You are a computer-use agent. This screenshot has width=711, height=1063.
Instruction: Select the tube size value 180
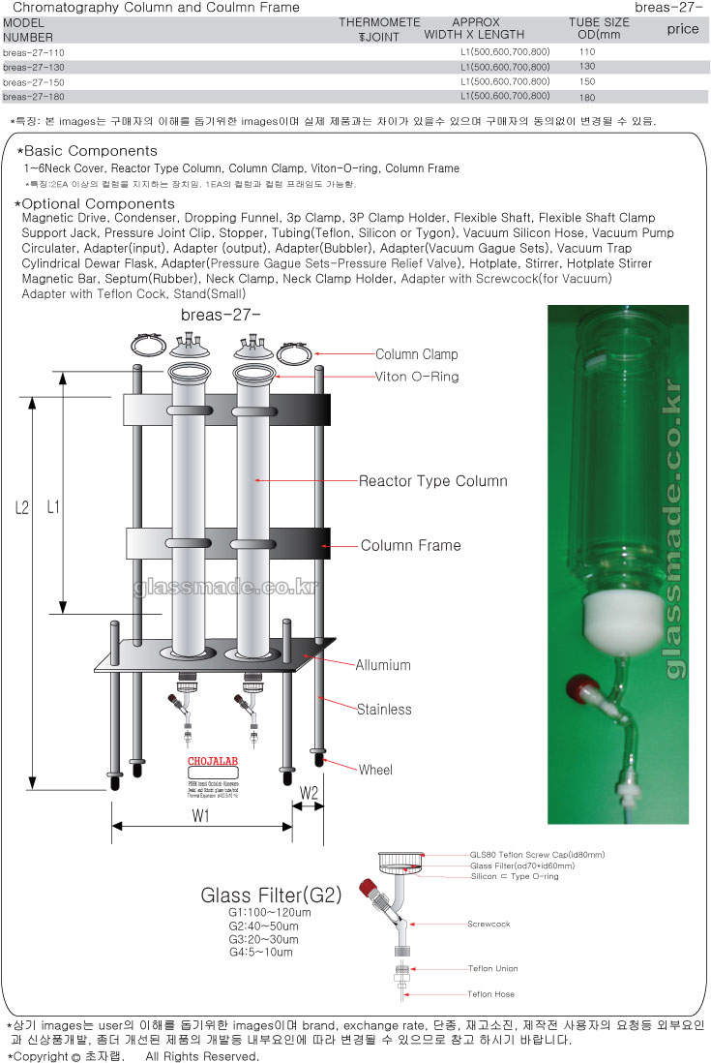(x=587, y=98)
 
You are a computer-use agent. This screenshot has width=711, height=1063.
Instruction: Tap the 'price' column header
(x=682, y=29)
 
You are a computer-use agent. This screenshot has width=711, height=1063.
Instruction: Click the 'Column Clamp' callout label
(x=416, y=355)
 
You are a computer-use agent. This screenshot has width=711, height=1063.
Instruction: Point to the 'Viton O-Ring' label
(x=416, y=377)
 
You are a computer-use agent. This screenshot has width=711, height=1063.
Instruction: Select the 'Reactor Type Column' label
(x=432, y=481)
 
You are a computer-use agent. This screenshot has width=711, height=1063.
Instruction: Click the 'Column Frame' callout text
(x=410, y=546)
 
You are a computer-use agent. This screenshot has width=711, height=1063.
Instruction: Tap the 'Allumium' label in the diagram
(x=382, y=666)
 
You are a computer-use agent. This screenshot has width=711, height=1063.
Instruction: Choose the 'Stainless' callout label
(x=383, y=710)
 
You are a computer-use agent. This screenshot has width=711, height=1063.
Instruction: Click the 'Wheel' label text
(x=375, y=771)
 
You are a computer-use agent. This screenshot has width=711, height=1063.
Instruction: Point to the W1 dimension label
(x=200, y=815)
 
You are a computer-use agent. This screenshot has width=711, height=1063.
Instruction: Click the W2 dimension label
(x=309, y=794)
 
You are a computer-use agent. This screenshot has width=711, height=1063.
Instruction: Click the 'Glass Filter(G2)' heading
(x=271, y=896)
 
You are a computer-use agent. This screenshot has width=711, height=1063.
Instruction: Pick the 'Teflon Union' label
(x=492, y=969)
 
